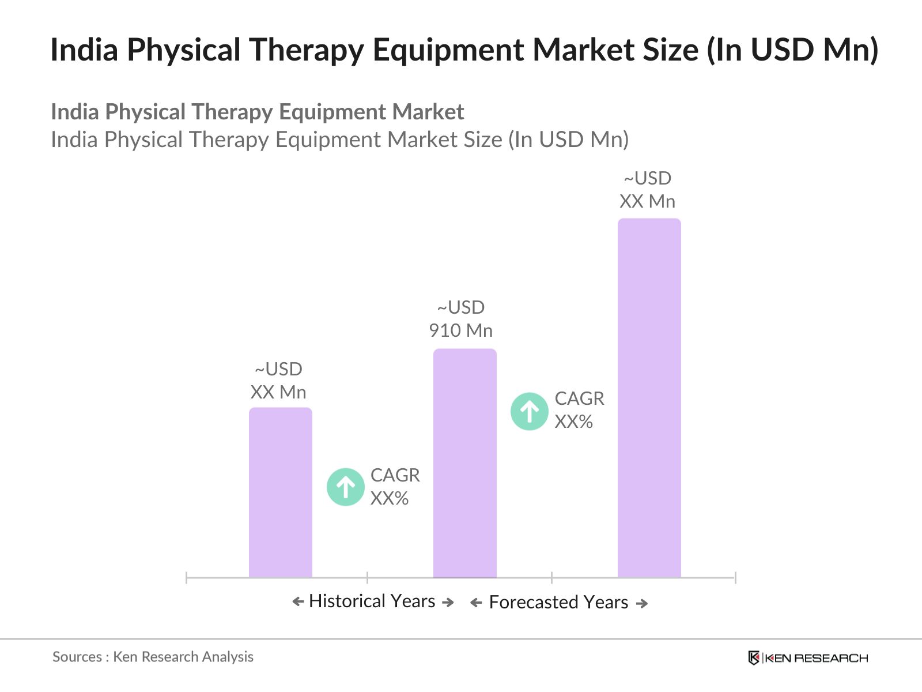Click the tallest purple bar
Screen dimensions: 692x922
[649, 398]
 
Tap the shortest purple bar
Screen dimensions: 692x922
[280, 492]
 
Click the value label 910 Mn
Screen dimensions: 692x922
[460, 330]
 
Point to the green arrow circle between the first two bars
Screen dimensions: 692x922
[345, 487]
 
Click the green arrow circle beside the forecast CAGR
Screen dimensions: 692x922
[529, 411]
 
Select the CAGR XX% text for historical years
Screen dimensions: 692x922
[395, 487]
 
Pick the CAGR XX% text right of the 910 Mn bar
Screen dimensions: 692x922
[579, 410]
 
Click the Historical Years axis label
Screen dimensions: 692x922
[372, 601]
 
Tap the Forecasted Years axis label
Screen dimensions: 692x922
[558, 602]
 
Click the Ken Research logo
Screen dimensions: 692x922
[807, 657]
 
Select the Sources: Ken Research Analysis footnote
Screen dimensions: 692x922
[153, 657]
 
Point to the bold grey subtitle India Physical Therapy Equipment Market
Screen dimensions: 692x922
[257, 112]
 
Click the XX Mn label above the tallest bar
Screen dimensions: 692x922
[647, 201]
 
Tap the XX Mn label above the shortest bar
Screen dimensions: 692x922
[278, 392]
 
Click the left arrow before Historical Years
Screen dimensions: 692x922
[298, 602]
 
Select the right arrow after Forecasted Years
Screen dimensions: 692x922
[641, 603]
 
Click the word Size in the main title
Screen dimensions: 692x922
[670, 50]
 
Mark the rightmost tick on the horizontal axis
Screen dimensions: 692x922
[735, 577]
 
